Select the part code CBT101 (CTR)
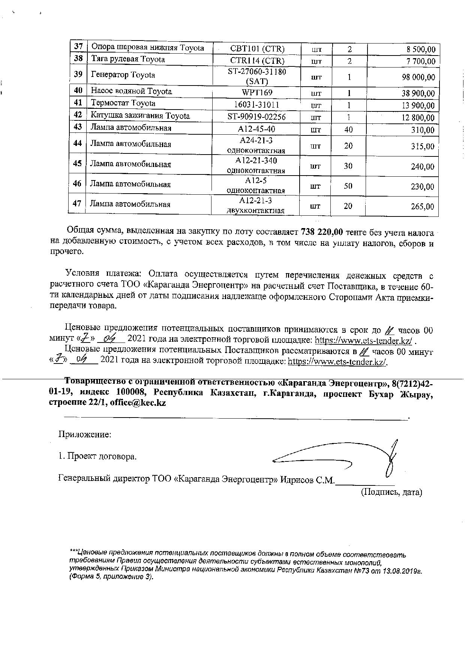pyautogui.click(x=257, y=49)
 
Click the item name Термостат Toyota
pyautogui.click(x=123, y=103)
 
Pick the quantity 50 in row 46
pyautogui.click(x=348, y=186)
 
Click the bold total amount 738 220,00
pyautogui.click(x=322, y=233)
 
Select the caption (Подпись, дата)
pyautogui.click(x=391, y=492)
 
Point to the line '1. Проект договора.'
pyautogui.click(x=97, y=457)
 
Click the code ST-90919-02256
pyautogui.click(x=257, y=117)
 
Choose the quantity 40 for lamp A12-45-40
pyautogui.click(x=348, y=130)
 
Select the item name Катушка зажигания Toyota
pyautogui.click(x=140, y=116)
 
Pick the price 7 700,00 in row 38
pyautogui.click(x=421, y=61)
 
